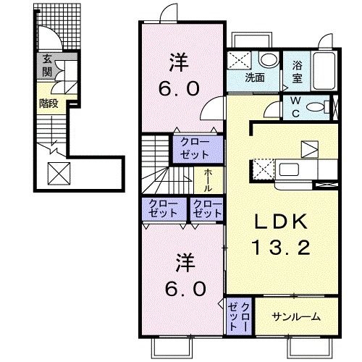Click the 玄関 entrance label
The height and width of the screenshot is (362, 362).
click(47, 66)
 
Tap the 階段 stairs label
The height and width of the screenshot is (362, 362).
click(49, 104)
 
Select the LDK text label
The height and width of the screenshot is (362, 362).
click(282, 222)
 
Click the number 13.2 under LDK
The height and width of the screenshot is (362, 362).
click(282, 248)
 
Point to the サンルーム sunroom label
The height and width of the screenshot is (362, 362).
click(296, 316)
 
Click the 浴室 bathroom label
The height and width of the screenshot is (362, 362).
click(297, 72)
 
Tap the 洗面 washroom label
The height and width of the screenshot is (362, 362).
click(255, 77)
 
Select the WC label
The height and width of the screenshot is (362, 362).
click(296, 107)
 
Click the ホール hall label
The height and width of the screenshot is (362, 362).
click(209, 180)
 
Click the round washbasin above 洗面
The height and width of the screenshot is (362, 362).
click(269, 59)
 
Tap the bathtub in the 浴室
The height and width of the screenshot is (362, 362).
click(324, 71)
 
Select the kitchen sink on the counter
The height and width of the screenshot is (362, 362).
click(289, 169)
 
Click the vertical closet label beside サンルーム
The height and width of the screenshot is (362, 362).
click(239, 317)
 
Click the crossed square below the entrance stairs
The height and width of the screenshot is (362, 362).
click(59, 174)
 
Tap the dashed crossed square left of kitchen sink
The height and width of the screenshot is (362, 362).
click(264, 169)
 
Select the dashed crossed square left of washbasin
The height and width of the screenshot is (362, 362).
click(239, 60)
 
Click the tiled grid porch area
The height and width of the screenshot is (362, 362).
click(59, 27)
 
